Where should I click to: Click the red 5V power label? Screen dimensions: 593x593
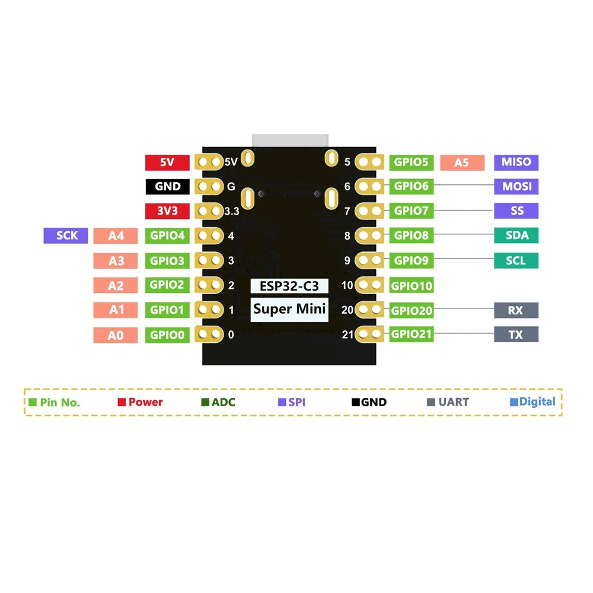pyautogui.click(x=167, y=162)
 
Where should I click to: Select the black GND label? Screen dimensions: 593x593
pyautogui.click(x=167, y=186)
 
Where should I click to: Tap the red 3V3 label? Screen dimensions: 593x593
pyautogui.click(x=167, y=211)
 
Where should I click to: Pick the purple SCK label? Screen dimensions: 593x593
pyautogui.click(x=66, y=235)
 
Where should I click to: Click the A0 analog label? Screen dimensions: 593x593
pyautogui.click(x=116, y=335)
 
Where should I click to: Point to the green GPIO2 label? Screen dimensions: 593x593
pyautogui.click(x=167, y=285)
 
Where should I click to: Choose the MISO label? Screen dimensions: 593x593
pyautogui.click(x=516, y=162)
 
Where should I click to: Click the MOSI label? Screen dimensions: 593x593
pyautogui.click(x=516, y=186)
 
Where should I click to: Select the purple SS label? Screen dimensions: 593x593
pyautogui.click(x=516, y=211)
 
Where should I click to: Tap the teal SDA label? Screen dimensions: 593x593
pyautogui.click(x=516, y=235)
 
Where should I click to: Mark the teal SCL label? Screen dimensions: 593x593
pyautogui.click(x=516, y=260)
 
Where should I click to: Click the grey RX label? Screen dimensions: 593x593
pyautogui.click(x=516, y=310)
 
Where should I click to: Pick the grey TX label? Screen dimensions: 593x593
pyautogui.click(x=516, y=334)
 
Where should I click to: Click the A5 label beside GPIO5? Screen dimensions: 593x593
pyautogui.click(x=461, y=162)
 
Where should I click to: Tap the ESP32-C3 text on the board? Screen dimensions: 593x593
pyautogui.click(x=289, y=286)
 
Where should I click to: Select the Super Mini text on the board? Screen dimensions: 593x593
pyautogui.click(x=289, y=309)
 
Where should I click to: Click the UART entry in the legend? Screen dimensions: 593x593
pyautogui.click(x=449, y=402)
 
